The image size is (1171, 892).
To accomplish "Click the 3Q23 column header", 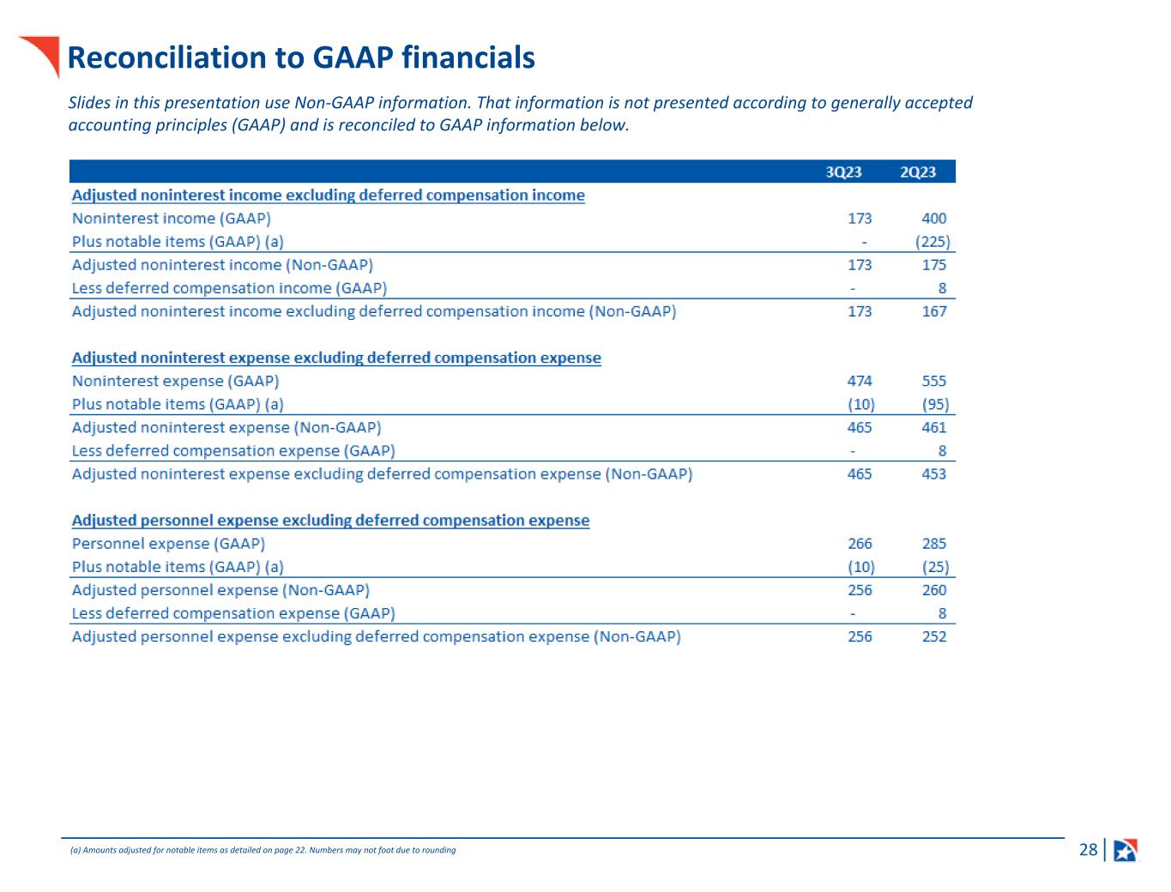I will [x=843, y=172].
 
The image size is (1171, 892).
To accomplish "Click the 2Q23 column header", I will [x=917, y=172].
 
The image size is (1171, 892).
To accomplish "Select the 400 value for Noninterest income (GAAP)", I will [x=933, y=219].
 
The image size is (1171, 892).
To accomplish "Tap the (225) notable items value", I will [x=933, y=242].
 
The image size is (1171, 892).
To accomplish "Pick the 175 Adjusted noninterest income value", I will [x=933, y=265].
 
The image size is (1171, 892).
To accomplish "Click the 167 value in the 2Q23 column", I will [x=933, y=311].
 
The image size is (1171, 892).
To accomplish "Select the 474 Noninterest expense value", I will [x=860, y=381].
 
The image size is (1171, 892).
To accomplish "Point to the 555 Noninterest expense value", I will [x=933, y=381].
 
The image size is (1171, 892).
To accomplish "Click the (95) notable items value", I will [x=935, y=404].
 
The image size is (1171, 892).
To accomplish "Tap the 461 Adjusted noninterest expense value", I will [x=933, y=427].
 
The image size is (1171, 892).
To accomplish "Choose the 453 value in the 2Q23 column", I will [x=933, y=473].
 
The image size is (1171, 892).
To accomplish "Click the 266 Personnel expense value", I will [x=860, y=544].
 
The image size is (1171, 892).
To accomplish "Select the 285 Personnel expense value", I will [x=933, y=544].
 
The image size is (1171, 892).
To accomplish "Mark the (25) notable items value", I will [x=935, y=567].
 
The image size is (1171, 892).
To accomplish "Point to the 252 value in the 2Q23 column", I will [x=933, y=636].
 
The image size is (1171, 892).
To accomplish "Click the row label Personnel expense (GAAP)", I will [x=168, y=544].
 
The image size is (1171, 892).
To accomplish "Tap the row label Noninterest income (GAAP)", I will [x=171, y=219].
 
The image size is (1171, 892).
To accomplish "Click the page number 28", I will [x=1088, y=850].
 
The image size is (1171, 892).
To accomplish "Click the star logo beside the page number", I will [x=1126, y=850].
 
